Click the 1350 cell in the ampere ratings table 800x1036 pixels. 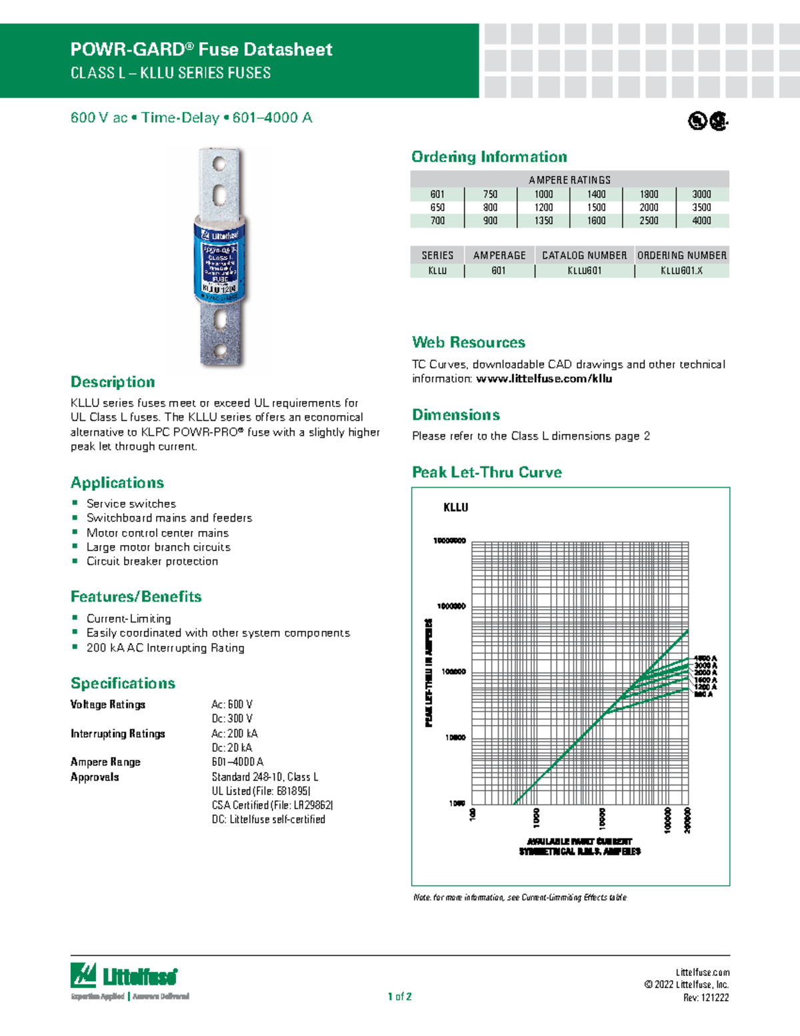[x=543, y=221]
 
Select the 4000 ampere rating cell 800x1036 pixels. [x=701, y=221]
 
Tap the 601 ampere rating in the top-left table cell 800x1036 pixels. [x=437, y=194]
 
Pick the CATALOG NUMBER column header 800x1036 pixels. [x=584, y=255]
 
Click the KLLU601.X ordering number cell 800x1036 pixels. [x=681, y=271]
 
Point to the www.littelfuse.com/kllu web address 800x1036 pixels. [x=544, y=379]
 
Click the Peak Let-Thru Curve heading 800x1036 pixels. [x=487, y=472]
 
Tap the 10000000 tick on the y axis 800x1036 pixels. [x=449, y=541]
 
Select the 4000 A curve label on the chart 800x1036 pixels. [x=705, y=658]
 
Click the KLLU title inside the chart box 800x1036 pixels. [x=456, y=508]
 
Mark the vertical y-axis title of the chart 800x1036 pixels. [x=429, y=672]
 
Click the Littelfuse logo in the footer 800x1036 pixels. [x=125, y=978]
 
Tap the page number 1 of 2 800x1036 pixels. [x=400, y=997]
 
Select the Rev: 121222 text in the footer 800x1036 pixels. [x=706, y=998]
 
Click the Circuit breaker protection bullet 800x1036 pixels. [x=152, y=562]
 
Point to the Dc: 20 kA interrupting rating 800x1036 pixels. [x=232, y=748]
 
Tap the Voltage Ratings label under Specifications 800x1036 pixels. [x=108, y=704]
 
